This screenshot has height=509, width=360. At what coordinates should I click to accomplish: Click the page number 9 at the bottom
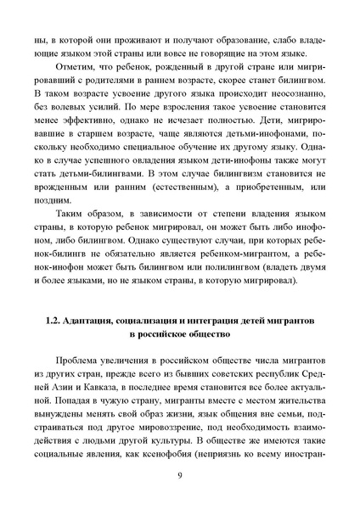(x=180, y=484)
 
